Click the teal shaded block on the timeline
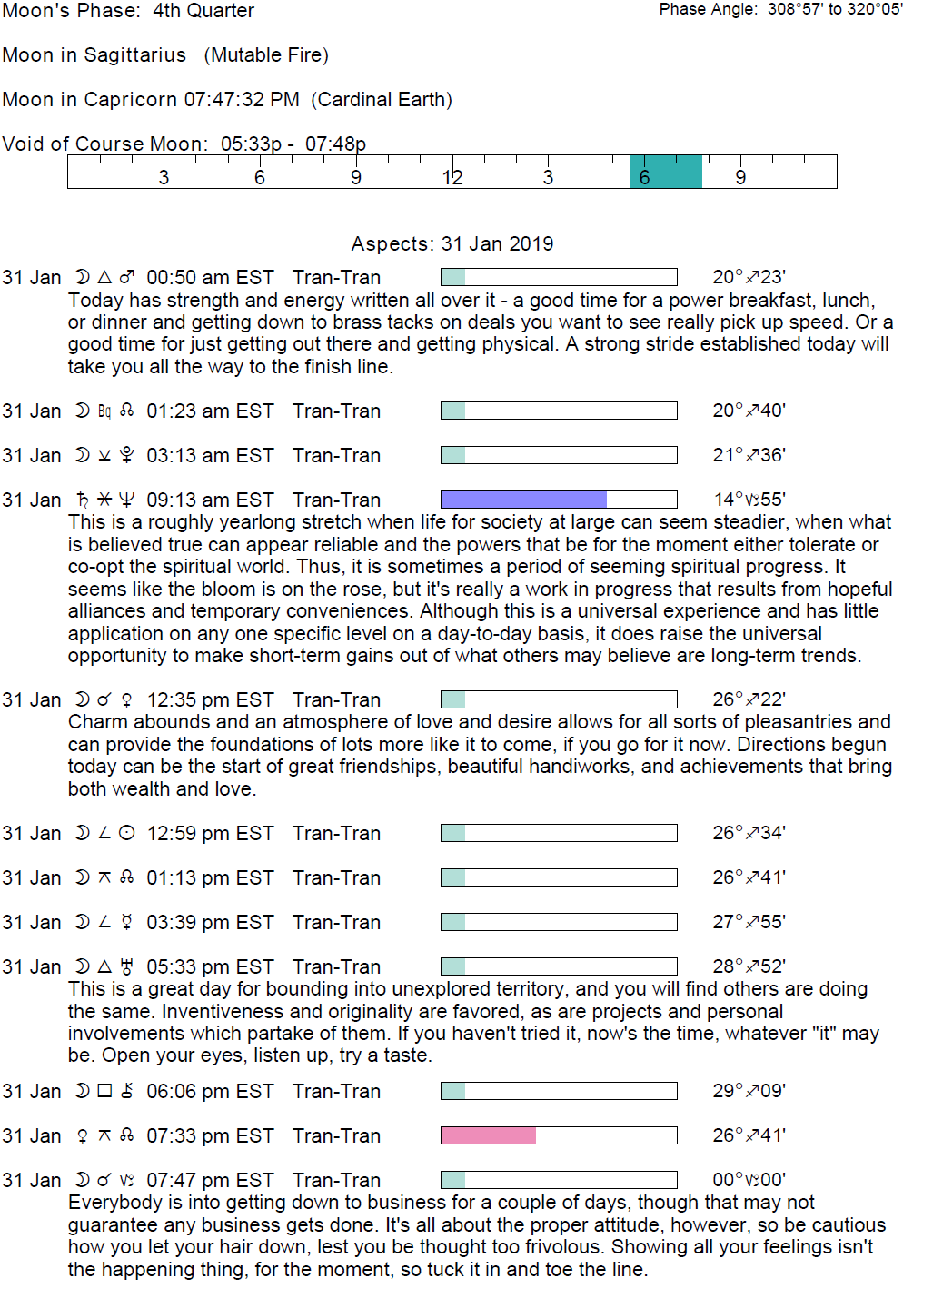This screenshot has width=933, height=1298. [x=666, y=172]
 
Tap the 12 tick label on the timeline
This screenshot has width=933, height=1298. [x=452, y=178]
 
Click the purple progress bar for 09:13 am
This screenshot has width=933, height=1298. [x=523, y=500]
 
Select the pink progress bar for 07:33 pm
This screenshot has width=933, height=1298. [x=488, y=1135]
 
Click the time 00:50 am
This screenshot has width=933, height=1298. [x=179, y=278]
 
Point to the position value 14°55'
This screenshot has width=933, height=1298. [x=749, y=500]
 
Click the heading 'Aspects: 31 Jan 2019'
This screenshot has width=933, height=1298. [x=452, y=244]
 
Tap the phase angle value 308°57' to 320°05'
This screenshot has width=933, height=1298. [x=835, y=9]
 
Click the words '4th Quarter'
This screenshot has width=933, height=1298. [x=203, y=11]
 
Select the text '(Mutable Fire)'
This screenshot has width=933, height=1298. [x=266, y=55]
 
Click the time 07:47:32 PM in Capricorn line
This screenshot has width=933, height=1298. [x=242, y=100]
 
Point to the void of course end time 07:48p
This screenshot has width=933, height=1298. [x=335, y=144]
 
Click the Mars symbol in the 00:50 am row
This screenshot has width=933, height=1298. [x=127, y=277]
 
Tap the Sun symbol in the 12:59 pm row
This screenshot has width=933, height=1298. [x=127, y=833]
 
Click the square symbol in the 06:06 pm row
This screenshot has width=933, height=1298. [x=104, y=1091]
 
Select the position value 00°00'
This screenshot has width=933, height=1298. [x=749, y=1180]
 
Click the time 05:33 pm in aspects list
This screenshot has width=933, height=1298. [x=179, y=967]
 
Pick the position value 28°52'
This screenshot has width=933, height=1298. [x=749, y=966]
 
